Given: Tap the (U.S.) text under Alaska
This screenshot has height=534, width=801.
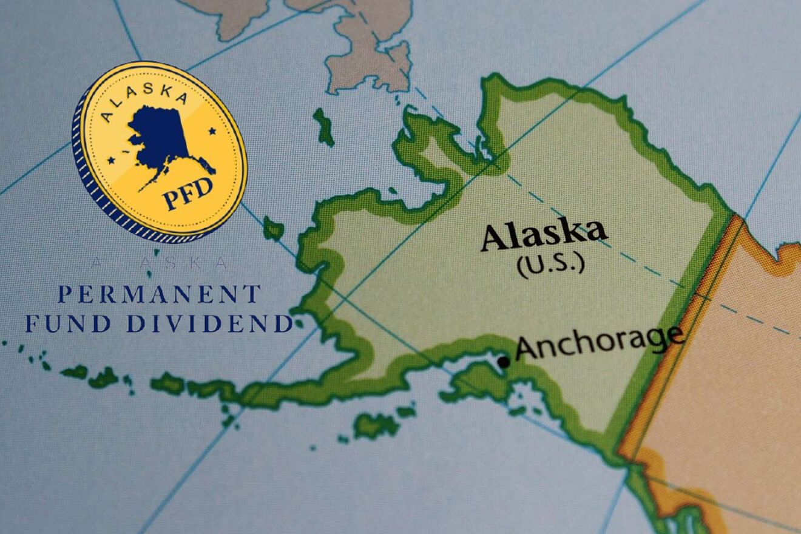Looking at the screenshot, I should (x=551, y=265).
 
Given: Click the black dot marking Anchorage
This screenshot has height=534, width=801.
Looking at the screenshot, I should (x=503, y=362).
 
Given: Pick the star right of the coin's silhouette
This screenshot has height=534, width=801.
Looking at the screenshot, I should (x=212, y=130).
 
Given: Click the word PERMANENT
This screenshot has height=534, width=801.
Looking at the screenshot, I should (x=159, y=294).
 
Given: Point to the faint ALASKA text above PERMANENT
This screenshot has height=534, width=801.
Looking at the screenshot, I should (x=159, y=263).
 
